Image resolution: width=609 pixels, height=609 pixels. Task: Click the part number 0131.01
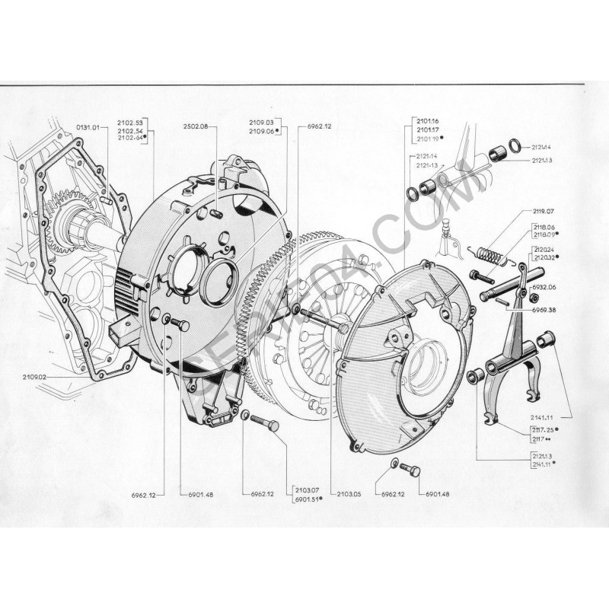click(x=88, y=127)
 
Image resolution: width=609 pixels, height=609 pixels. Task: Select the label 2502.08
click(x=195, y=126)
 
